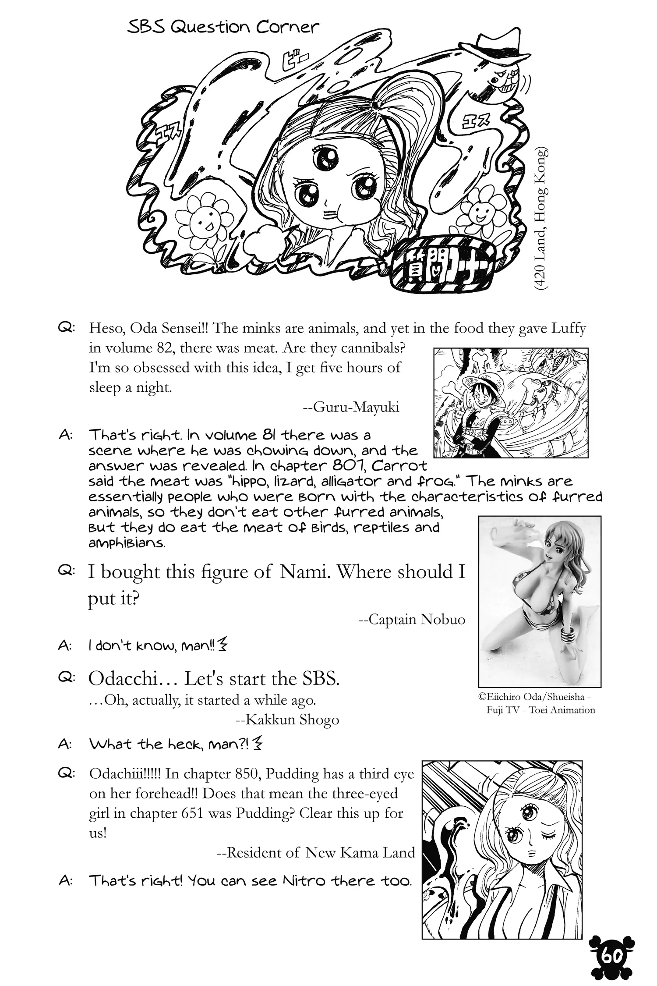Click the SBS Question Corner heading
tap(223, 27)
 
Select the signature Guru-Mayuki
tap(351, 408)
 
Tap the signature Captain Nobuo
tap(412, 619)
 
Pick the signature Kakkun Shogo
tap(287, 720)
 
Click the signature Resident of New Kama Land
tap(316, 852)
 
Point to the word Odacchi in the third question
tap(123, 679)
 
